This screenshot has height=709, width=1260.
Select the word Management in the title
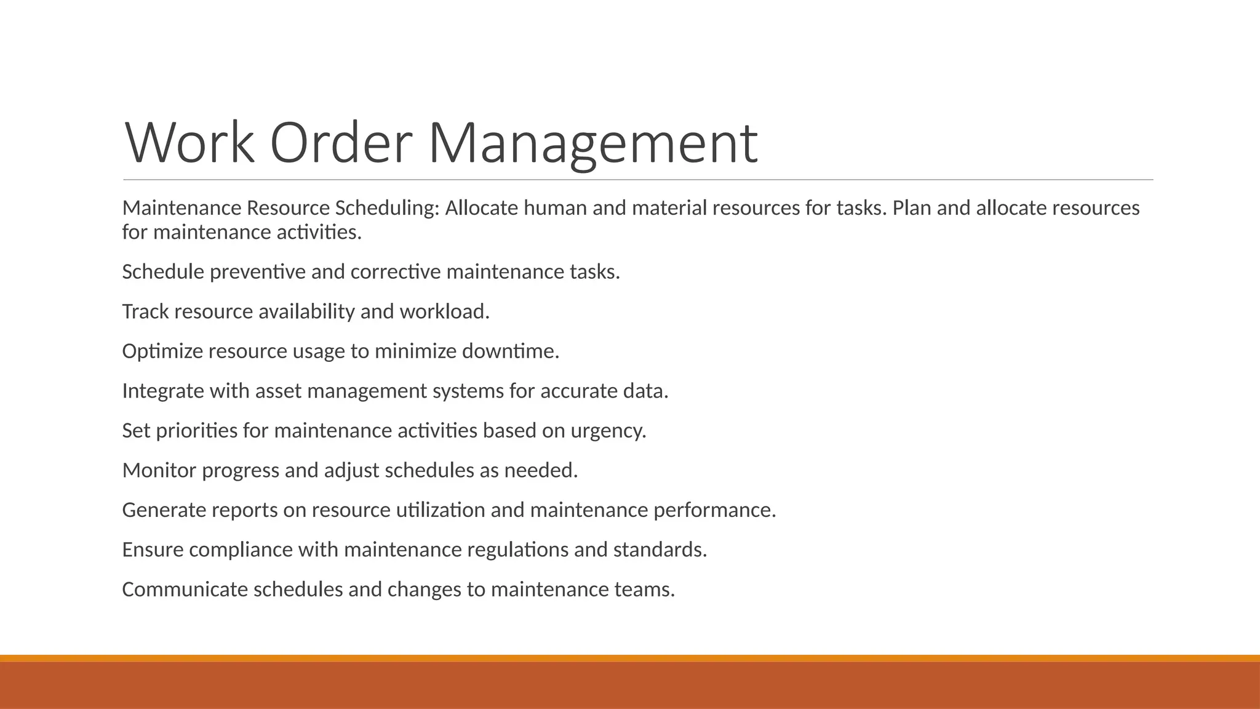click(592, 143)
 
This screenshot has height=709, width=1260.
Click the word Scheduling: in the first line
click(387, 209)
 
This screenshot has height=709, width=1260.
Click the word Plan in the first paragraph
click(912, 209)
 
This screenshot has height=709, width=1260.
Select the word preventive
click(257, 272)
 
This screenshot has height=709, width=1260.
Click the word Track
click(145, 312)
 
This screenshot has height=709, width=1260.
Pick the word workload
click(444, 312)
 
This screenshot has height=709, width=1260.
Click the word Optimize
click(162, 351)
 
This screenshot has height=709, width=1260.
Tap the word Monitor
click(159, 471)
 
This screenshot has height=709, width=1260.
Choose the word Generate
click(164, 510)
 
